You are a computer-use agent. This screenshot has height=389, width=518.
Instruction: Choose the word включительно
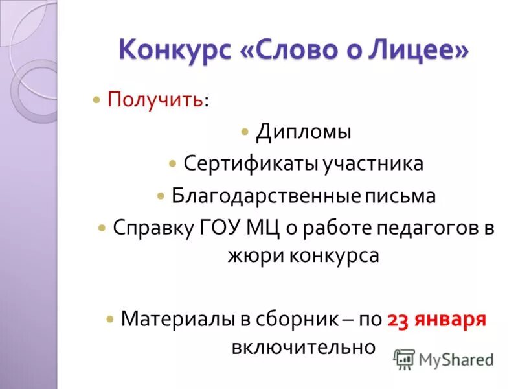coord(303,346)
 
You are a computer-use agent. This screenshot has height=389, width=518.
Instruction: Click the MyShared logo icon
coord(404,359)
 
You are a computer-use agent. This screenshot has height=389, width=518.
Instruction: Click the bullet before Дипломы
coord(244,132)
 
